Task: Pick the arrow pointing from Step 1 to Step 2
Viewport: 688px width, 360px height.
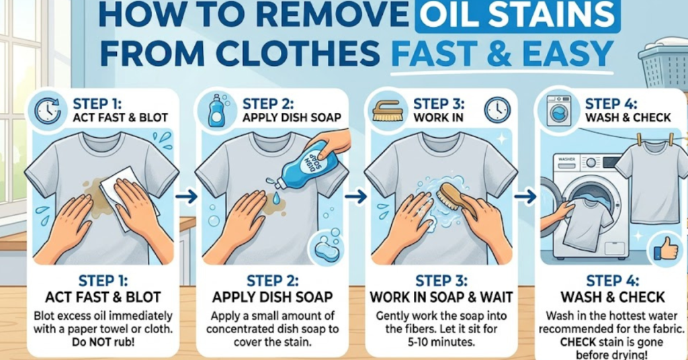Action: click(x=189, y=197)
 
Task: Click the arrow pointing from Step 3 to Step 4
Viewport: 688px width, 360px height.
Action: click(x=527, y=197)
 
